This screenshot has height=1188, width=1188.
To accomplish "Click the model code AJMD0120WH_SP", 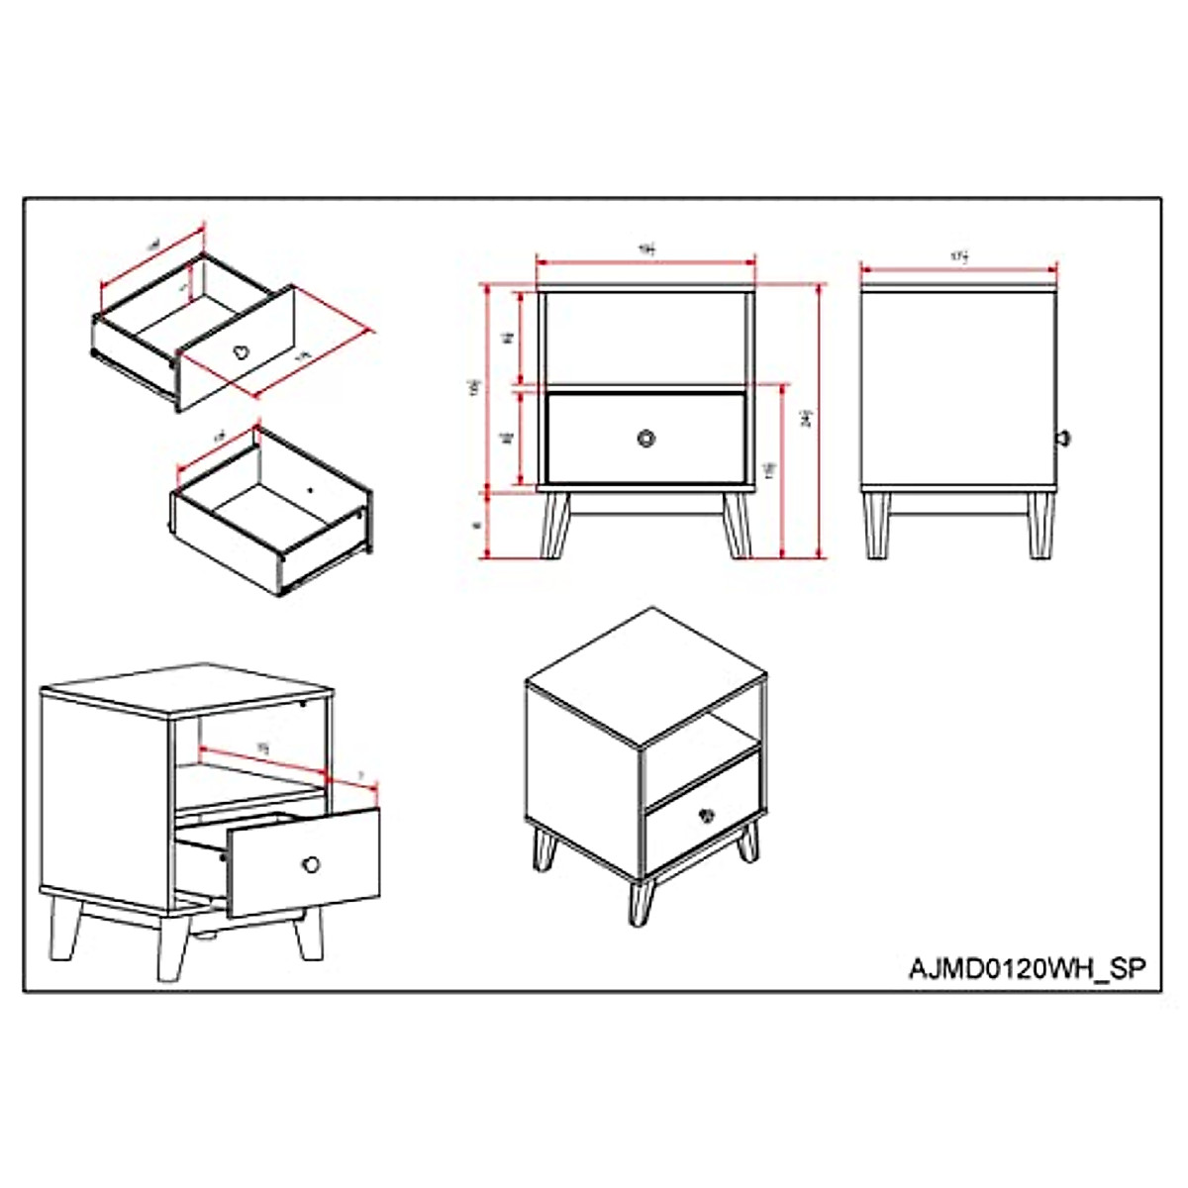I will pyautogui.click(x=1027, y=968).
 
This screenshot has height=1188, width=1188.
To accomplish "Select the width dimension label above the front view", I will pyautogui.click(x=646, y=250).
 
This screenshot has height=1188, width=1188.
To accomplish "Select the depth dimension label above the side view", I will pyautogui.click(x=958, y=256).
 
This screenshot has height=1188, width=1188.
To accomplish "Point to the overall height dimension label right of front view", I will pyautogui.click(x=809, y=421).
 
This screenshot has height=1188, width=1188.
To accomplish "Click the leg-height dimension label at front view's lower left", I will pyautogui.click(x=478, y=526).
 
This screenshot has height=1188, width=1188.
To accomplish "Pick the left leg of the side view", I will pyautogui.click(x=876, y=524).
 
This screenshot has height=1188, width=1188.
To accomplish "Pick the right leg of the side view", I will pyautogui.click(x=1040, y=524).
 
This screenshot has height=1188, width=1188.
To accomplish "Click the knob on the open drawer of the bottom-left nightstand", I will pyautogui.click(x=311, y=863).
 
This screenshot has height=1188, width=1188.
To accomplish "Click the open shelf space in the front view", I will pyautogui.click(x=645, y=337).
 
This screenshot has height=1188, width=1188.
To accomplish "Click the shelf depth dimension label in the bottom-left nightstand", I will pyautogui.click(x=263, y=748).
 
